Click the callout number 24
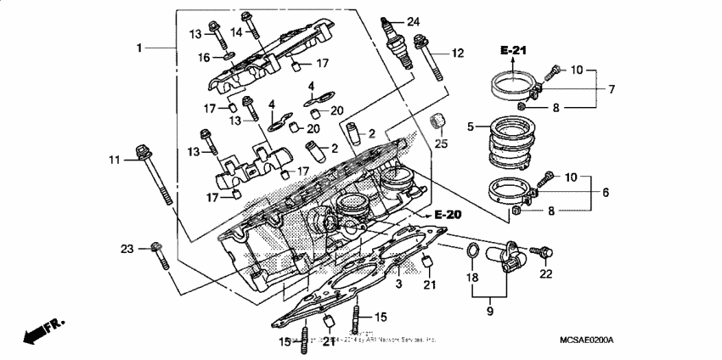(414, 21)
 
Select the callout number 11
(115, 160)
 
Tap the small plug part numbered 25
(438, 121)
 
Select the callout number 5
(470, 128)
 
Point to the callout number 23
(127, 249)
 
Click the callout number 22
(544, 273)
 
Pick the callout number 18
(472, 278)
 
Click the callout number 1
(139, 48)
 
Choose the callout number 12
(458, 53)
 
